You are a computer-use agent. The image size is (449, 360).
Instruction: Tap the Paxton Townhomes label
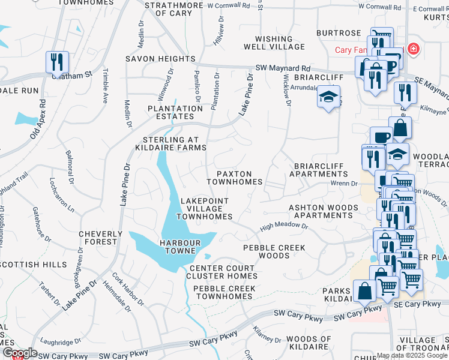[234, 177]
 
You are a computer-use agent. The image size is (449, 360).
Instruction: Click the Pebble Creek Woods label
[274, 251]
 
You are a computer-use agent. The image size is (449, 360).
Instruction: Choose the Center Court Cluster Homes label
[223, 272]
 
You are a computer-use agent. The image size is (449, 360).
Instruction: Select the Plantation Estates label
[175, 112]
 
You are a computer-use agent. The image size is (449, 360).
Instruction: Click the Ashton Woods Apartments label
[324, 211]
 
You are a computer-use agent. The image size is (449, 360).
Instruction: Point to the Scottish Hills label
[35, 264]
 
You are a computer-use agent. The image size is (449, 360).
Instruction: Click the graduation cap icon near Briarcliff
[328, 97]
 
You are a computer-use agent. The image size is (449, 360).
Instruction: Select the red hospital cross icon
[412, 49]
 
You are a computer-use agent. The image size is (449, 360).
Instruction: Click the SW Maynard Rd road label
[283, 68]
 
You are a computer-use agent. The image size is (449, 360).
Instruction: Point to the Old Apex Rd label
[38, 116]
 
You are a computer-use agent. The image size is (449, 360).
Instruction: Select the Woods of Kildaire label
[309, 343]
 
